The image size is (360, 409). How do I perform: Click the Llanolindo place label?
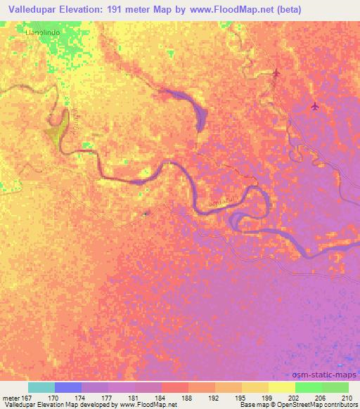40,32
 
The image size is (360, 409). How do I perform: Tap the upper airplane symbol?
276,73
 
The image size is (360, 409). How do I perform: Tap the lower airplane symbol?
314,106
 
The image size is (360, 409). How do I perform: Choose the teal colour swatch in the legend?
41,387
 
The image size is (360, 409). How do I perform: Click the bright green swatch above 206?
308,387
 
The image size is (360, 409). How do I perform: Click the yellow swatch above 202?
281,387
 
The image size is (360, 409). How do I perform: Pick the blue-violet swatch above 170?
68,387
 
